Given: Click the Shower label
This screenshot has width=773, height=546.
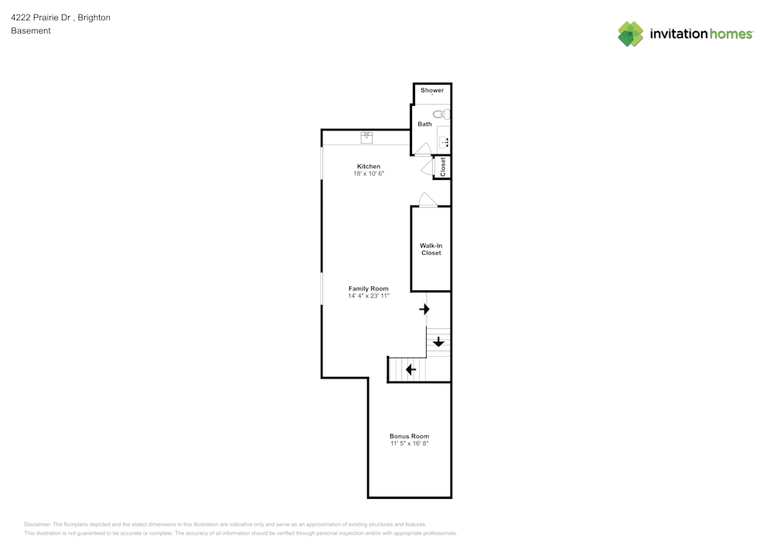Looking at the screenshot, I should pyautogui.click(x=432, y=90).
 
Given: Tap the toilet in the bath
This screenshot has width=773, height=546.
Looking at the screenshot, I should pyautogui.click(x=441, y=114).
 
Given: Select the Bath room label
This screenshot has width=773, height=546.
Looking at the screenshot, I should pyautogui.click(x=425, y=124).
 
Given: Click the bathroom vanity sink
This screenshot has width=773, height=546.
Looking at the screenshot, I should pyautogui.click(x=444, y=141).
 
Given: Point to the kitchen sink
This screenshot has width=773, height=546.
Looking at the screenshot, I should pyautogui.click(x=366, y=137).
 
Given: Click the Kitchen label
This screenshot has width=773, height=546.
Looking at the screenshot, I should pyautogui.click(x=369, y=167).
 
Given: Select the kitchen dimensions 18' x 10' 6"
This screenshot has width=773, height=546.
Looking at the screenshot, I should pyautogui.click(x=369, y=175).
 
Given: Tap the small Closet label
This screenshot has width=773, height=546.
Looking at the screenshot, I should pyautogui.click(x=443, y=167).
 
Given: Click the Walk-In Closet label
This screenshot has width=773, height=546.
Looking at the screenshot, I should pyautogui.click(x=431, y=249).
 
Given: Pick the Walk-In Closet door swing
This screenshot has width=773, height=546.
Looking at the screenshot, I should pyautogui.click(x=427, y=199).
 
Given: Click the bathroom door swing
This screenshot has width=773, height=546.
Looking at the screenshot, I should pyautogui.click(x=422, y=148).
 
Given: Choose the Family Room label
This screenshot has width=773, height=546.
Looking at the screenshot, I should pyautogui.click(x=369, y=289).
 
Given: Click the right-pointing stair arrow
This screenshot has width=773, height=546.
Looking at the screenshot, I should pyautogui.click(x=424, y=310).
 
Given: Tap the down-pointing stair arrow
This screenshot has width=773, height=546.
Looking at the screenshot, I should pyautogui.click(x=438, y=342).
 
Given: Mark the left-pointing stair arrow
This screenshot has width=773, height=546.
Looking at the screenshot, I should pyautogui.click(x=411, y=370).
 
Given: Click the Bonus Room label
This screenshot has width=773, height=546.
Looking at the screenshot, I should pyautogui.click(x=409, y=436).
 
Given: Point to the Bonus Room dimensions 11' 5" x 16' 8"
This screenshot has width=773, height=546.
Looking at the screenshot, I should pyautogui.click(x=409, y=444).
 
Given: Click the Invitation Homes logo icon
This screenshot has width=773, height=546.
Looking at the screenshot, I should pyautogui.click(x=630, y=34).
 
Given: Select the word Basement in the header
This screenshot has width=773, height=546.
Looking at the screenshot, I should pyautogui.click(x=31, y=31).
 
